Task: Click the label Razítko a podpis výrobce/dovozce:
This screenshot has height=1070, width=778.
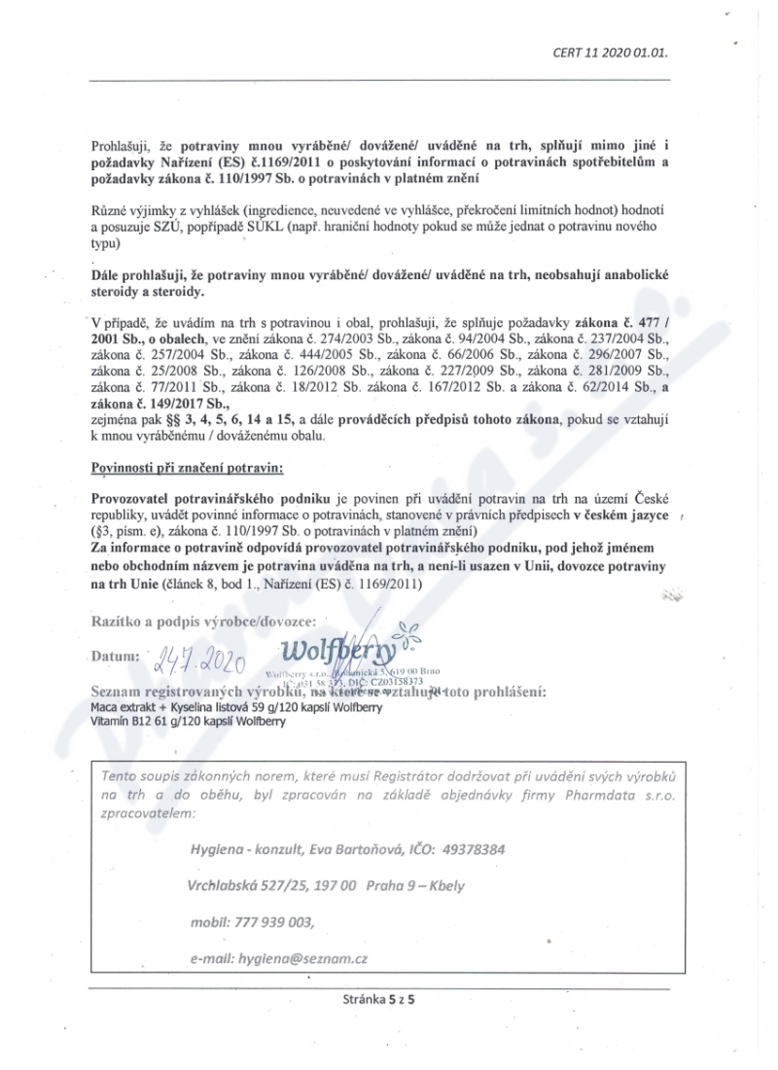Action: pyautogui.click(x=202, y=620)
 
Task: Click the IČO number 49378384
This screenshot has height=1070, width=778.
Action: pyautogui.click(x=473, y=848)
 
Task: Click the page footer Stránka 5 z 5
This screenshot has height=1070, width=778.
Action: pyautogui.click(x=378, y=999)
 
